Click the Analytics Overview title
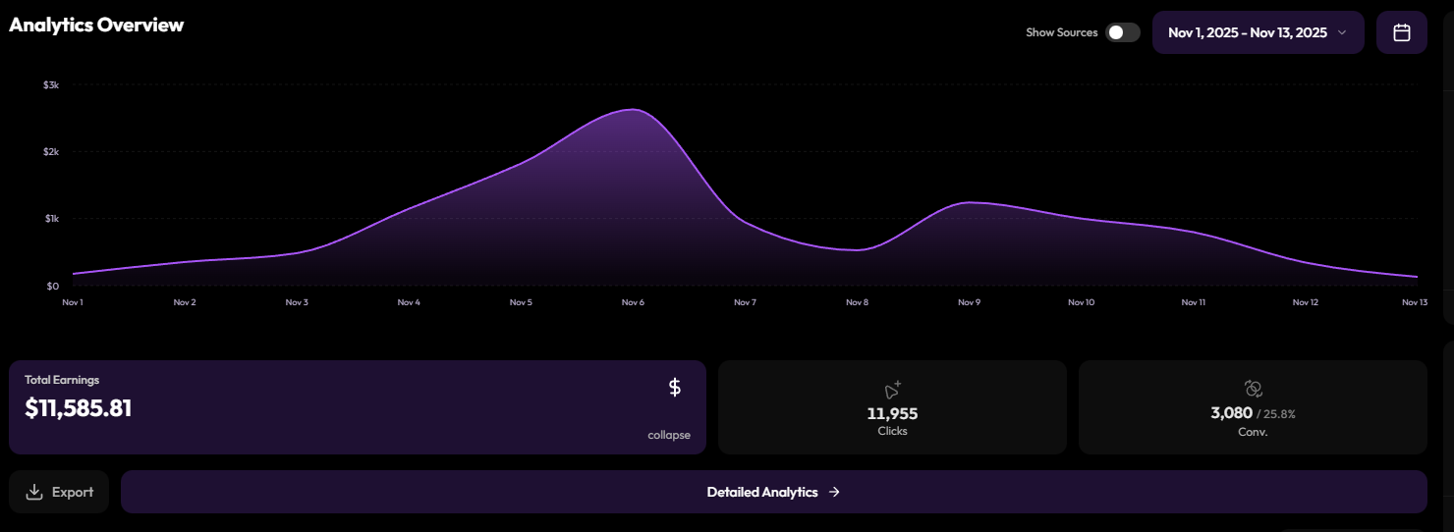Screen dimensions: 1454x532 tap(96, 25)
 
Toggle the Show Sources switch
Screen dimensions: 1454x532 tap(1122, 32)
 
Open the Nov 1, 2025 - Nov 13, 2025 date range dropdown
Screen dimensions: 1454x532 tap(1258, 32)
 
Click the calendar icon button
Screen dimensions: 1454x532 tap(1401, 32)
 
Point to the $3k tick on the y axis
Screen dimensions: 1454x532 tap(51, 85)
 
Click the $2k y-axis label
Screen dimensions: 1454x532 tap(51, 152)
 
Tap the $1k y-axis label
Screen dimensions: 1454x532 tap(52, 219)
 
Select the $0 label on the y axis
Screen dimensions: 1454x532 tap(53, 286)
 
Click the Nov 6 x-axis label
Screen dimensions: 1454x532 tap(633, 302)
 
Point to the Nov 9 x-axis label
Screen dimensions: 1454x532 tap(969, 302)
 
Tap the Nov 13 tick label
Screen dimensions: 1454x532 tap(1415, 302)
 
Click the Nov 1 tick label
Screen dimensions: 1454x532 tap(73, 302)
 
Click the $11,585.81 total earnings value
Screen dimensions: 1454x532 tap(78, 408)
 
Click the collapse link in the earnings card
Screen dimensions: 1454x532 tap(669, 435)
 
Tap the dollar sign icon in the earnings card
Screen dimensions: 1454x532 tap(675, 388)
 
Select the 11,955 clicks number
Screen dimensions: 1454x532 tap(892, 413)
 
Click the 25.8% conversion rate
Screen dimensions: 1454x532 tap(1279, 414)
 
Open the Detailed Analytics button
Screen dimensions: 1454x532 tap(774, 492)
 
